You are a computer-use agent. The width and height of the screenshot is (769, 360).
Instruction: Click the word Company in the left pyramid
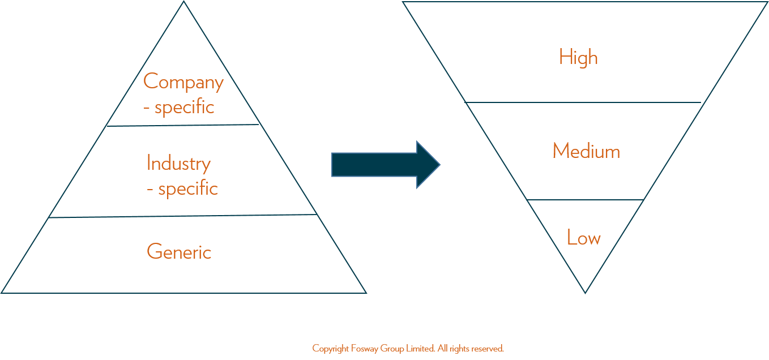click(x=183, y=82)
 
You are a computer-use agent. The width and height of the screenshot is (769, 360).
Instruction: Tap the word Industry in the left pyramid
click(x=178, y=164)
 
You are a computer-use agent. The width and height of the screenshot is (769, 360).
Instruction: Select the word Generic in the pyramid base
click(x=179, y=251)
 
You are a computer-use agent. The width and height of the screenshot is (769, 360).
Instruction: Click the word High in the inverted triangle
click(x=579, y=57)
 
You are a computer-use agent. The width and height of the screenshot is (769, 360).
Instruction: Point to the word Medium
click(x=586, y=151)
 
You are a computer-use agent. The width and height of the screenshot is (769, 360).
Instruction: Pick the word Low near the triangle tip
click(x=584, y=237)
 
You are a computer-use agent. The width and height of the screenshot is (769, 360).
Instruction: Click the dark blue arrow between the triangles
click(x=386, y=165)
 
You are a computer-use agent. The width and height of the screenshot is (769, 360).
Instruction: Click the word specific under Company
click(x=185, y=108)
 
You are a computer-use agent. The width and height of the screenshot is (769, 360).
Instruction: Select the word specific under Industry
click(x=188, y=188)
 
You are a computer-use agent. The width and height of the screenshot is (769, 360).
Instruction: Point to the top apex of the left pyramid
click(x=183, y=1)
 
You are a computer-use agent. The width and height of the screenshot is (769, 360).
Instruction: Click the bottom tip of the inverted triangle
click(x=586, y=293)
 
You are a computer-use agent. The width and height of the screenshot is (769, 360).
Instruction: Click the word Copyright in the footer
click(x=331, y=349)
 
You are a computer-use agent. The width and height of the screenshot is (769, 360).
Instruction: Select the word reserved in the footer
click(x=487, y=349)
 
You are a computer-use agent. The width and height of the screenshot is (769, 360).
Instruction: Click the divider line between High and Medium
click(x=583, y=102)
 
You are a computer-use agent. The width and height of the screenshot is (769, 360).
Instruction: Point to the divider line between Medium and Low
click(x=585, y=199)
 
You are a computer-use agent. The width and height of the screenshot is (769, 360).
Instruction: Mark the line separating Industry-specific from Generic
click(x=183, y=216)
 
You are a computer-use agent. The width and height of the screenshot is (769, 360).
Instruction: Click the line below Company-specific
click(x=183, y=125)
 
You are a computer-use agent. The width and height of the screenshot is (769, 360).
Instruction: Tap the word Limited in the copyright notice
click(x=421, y=349)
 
